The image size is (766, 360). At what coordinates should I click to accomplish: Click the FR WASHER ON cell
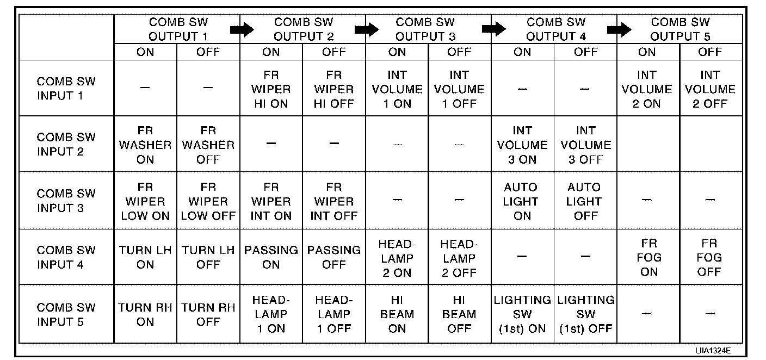pos(145,145)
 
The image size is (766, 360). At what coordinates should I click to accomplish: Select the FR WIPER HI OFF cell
pos(334,89)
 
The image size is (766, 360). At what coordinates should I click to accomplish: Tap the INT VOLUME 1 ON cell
pos(397,89)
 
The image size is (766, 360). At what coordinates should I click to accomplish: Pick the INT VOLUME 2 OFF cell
pos(710,89)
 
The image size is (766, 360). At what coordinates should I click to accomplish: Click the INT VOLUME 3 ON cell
pos(522,145)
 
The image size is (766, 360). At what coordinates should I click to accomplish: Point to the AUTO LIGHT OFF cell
pos(585,201)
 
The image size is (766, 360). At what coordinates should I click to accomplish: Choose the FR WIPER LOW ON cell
pos(145,201)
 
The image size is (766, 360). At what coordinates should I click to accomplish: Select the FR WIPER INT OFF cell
pos(334,201)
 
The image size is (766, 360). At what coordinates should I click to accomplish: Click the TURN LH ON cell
pos(145,257)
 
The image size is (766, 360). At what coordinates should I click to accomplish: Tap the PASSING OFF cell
pos(334,257)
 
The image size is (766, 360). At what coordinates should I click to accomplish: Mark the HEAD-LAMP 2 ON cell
pos(397,258)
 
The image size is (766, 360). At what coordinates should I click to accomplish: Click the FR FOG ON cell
pos(648,257)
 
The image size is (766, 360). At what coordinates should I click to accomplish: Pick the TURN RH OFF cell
pos(208,314)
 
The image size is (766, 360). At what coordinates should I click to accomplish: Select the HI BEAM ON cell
pos(397,314)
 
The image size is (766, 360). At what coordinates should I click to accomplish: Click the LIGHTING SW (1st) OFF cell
pos(585,314)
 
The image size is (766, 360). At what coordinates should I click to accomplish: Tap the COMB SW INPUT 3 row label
pos(66,201)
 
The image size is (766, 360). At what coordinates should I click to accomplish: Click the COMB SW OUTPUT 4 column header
pos(555,29)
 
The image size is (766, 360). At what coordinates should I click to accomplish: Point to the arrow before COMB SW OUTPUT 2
pos(242,30)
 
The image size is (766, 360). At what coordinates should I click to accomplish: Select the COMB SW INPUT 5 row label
pos(66,314)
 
